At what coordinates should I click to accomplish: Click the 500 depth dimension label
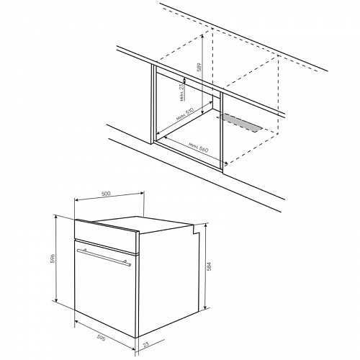(x=106, y=194)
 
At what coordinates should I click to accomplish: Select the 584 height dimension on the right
(x=209, y=266)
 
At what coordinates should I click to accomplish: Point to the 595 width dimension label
(x=101, y=337)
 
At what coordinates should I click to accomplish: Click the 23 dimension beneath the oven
(x=145, y=345)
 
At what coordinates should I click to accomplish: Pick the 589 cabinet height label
(x=199, y=68)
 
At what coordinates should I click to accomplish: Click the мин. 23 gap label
(x=182, y=91)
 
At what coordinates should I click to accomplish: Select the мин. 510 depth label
(x=184, y=114)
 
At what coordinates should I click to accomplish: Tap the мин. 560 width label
(x=198, y=147)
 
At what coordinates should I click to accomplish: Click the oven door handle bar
(x=104, y=257)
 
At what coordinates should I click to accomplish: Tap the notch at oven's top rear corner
(x=197, y=230)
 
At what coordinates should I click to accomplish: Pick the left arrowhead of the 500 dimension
(x=76, y=199)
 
